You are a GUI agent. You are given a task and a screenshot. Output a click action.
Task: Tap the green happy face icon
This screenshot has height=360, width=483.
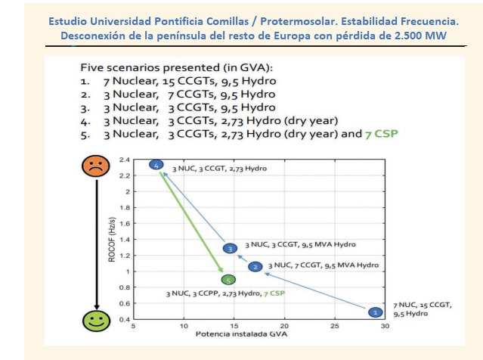click(x=95, y=321)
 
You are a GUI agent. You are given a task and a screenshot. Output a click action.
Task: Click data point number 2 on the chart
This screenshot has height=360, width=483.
click(x=255, y=267)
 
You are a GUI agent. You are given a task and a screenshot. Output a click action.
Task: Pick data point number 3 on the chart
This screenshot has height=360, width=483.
click(x=229, y=248)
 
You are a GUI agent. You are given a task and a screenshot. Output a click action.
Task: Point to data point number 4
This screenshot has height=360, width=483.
click(x=156, y=165)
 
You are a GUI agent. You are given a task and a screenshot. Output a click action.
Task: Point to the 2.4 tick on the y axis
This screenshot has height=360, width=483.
click(x=125, y=160)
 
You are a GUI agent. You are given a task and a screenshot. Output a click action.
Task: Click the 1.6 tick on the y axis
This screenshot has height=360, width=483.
click(x=125, y=223)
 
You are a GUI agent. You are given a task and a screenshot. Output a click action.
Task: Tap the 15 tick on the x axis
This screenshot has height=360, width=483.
click(x=234, y=327)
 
